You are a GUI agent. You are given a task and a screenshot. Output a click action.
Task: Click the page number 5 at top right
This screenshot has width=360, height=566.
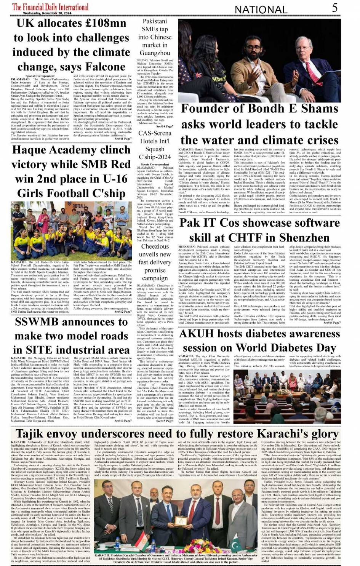334,7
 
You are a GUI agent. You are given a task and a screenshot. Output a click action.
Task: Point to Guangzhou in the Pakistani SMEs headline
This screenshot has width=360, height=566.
155,53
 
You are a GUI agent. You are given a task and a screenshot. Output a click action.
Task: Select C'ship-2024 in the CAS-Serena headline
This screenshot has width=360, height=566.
155,157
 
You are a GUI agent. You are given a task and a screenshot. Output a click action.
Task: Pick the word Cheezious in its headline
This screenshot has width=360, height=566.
155,246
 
